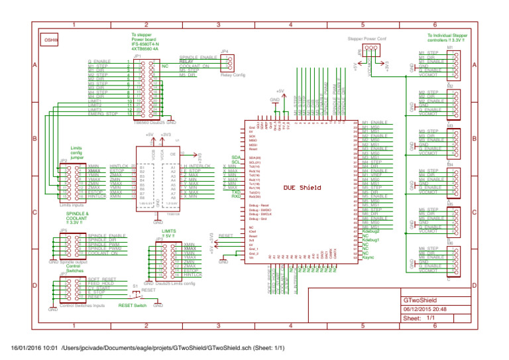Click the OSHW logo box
pyautogui.click(x=51, y=40)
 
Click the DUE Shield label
pyautogui.click(x=302, y=188)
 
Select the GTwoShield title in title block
pyautogui.click(x=424, y=300)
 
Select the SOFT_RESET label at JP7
pyautogui.click(x=102, y=279)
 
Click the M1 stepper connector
pyautogui.click(x=453, y=63)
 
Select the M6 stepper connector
pyautogui.click(x=453, y=259)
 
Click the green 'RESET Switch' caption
pyautogui.click(x=133, y=306)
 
